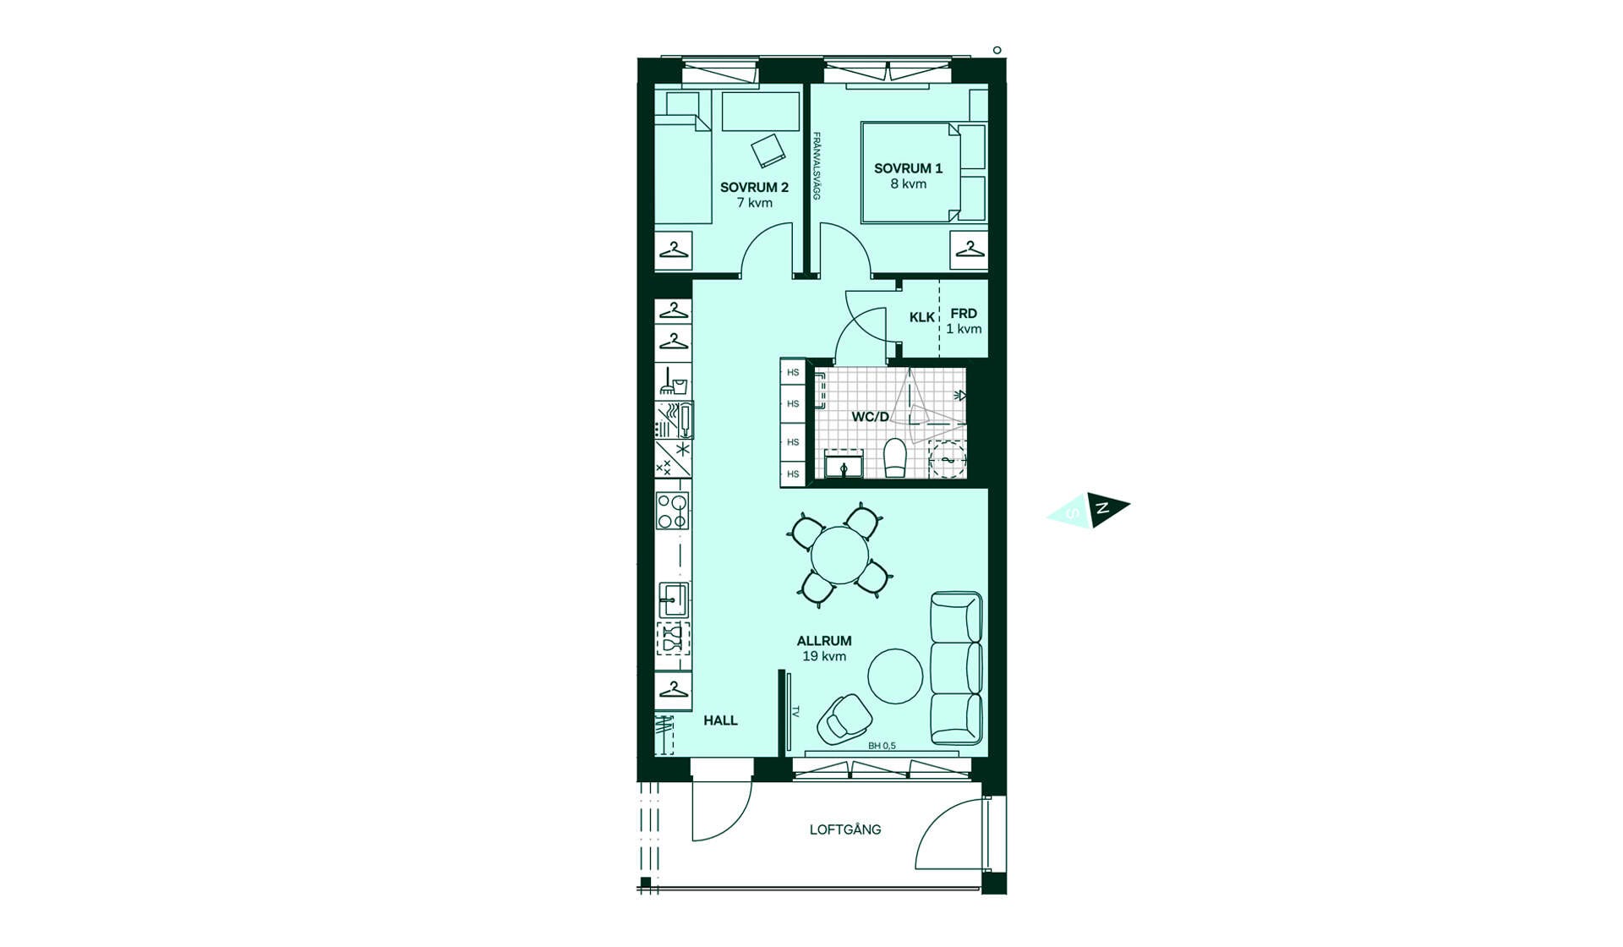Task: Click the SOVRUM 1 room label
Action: coord(908,168)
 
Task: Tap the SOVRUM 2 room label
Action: coord(754,187)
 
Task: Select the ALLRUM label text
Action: coord(824,641)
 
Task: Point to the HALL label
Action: coord(720,720)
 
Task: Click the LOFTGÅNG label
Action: coord(845,829)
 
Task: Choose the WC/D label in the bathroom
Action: coord(870,417)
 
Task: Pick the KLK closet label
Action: coord(922,317)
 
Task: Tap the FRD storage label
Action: coord(964,314)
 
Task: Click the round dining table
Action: coord(839,556)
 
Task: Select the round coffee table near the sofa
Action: coord(896,676)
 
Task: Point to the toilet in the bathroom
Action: coord(894,457)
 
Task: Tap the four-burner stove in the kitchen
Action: coord(673,511)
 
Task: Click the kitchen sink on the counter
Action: coord(674,600)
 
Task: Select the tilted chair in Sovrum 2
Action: coord(768,151)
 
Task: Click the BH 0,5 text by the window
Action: coord(882,746)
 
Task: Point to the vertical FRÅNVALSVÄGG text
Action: coord(817,166)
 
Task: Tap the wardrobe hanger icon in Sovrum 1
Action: coord(970,250)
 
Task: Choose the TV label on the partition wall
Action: coord(795,712)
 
